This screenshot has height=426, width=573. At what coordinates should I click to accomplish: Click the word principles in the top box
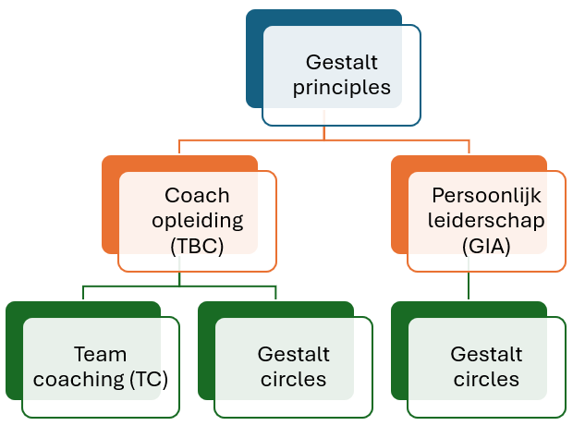tap(342, 88)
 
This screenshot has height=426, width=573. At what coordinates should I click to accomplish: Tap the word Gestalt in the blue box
tap(342, 62)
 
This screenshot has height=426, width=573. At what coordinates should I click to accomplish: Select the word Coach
tap(197, 196)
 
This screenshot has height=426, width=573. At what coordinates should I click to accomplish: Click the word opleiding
tap(198, 221)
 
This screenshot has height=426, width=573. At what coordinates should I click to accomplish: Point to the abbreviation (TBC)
tap(197, 246)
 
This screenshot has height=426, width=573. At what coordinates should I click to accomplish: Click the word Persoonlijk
tap(486, 196)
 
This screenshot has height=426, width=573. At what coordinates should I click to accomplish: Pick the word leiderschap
tap(486, 221)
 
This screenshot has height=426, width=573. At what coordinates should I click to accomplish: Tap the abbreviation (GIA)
tap(486, 246)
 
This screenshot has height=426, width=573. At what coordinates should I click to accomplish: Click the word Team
tap(100, 355)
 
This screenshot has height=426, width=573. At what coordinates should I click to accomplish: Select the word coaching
tap(79, 380)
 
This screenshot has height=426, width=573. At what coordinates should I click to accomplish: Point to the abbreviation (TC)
tap(149, 379)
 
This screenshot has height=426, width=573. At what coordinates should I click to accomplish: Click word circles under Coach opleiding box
tap(294, 379)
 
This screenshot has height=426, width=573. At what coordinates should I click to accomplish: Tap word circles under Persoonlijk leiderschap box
tap(486, 379)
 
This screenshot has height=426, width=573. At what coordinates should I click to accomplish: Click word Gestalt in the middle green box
tap(294, 355)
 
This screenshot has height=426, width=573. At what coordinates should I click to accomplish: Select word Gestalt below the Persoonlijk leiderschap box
tap(486, 355)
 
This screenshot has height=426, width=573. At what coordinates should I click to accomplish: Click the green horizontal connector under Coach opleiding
tap(179, 286)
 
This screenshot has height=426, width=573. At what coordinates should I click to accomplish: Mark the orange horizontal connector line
tap(324, 140)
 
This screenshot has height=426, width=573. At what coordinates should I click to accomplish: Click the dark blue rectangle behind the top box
tap(255, 58)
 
